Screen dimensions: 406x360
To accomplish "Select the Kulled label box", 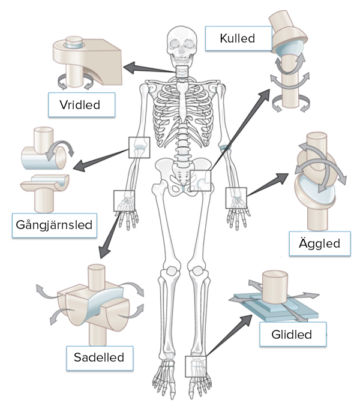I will click(237, 39).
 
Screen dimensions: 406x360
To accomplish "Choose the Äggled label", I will click(319, 243).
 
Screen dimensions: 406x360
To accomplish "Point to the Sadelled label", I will click(99, 358).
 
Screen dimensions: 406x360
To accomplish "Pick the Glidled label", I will click(292, 334).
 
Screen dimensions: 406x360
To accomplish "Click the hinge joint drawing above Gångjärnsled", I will click(45, 168).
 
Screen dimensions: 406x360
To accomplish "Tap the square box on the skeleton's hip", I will click(202, 181).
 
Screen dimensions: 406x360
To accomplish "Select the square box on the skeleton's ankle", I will click(196, 366).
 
